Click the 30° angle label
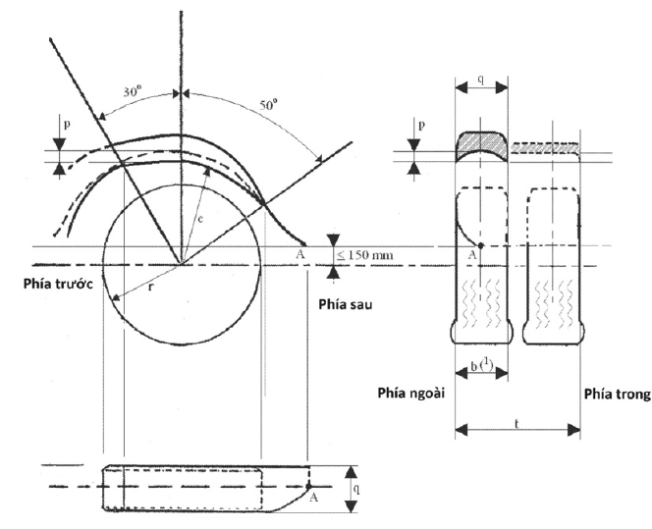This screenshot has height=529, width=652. [x=133, y=91]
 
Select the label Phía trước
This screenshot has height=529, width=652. [x=58, y=284]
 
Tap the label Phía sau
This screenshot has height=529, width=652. [x=346, y=304]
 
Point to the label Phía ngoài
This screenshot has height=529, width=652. [x=410, y=393]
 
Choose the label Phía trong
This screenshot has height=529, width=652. [x=618, y=394]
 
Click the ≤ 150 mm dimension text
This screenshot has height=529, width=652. [x=364, y=255]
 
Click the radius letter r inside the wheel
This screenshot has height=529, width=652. [x=151, y=287]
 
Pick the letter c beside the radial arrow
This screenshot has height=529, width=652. [x=200, y=219]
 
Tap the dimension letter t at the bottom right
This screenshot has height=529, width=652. [x=516, y=424]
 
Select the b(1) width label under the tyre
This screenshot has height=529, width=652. [x=481, y=366]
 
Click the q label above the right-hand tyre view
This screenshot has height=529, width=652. [x=481, y=79]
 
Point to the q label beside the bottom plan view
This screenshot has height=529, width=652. [x=356, y=489]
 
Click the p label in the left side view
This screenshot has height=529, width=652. [x=66, y=125]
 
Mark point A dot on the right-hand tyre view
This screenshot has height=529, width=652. [x=481, y=245]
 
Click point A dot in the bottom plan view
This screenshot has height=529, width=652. [x=308, y=486]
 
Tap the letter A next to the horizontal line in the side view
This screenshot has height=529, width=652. [x=300, y=253]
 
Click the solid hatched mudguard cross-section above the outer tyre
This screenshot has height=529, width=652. [x=481, y=146]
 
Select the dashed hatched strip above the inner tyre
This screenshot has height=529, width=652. [x=545, y=148]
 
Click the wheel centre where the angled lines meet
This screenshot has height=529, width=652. [x=181, y=264]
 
